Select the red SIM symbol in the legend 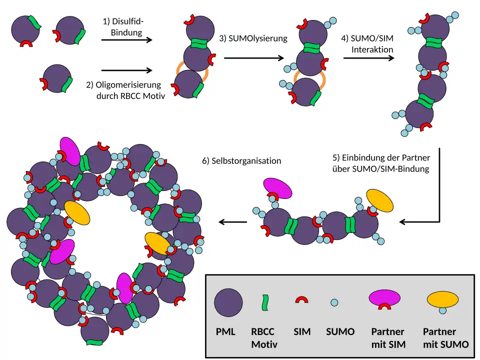point(301,300)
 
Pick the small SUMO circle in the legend point(334,302)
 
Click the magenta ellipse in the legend point(384,297)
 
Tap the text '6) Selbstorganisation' point(241,161)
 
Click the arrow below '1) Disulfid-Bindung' point(127,40)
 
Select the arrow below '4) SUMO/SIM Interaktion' point(368,58)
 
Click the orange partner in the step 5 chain point(380,200)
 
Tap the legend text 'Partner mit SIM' point(388,337)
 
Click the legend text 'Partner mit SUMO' point(445,337)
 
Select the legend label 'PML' point(225,331)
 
